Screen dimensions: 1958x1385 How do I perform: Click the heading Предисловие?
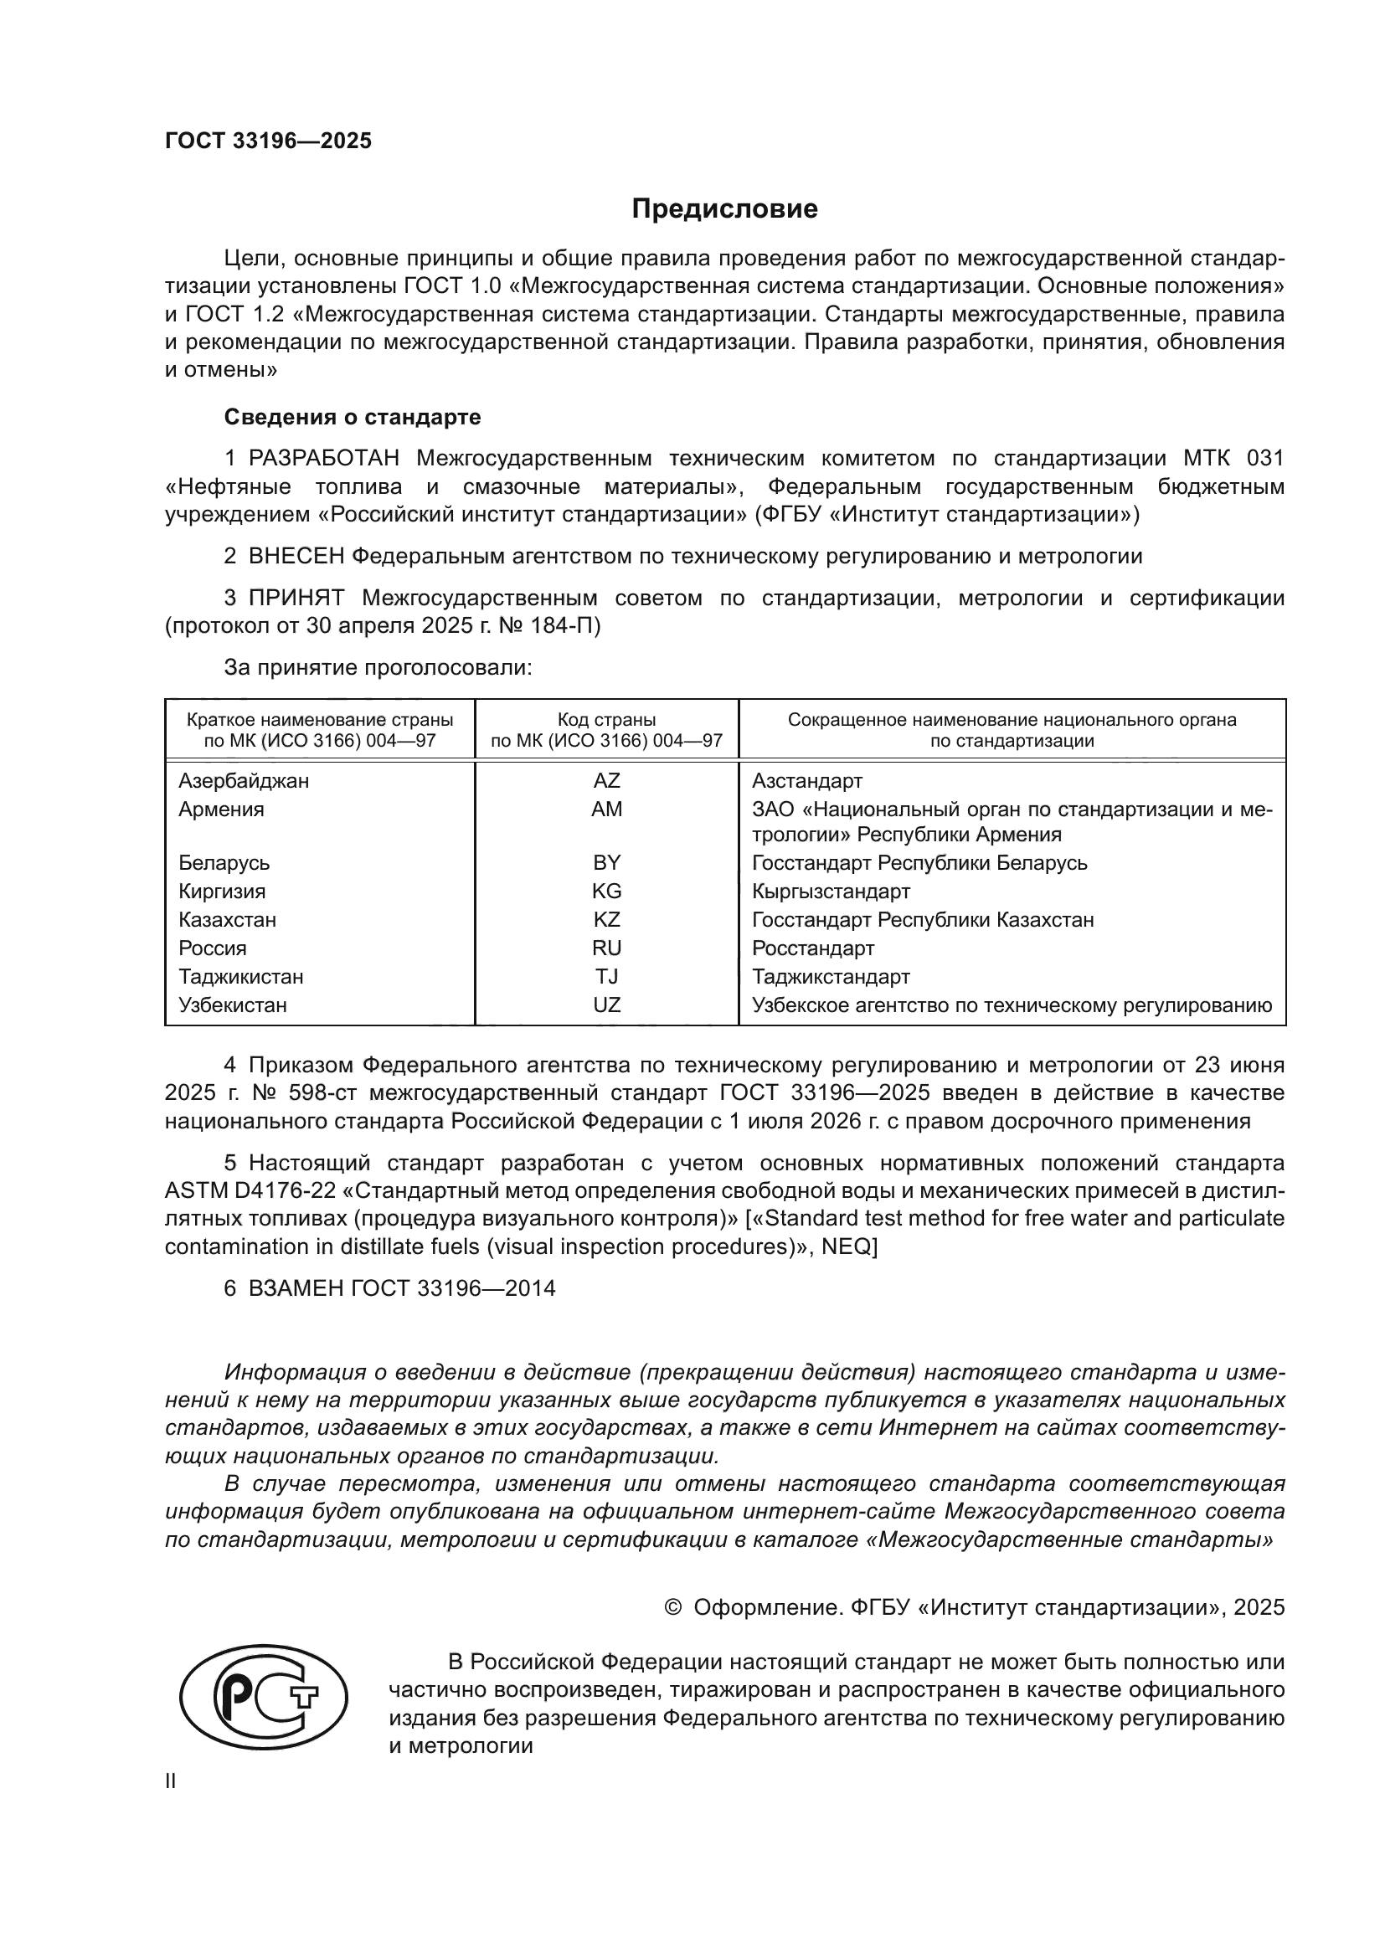724,209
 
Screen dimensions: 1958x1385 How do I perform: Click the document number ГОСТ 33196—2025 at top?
268,141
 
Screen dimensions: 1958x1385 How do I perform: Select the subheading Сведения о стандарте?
353,417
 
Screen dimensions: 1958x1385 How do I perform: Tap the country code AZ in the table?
606,780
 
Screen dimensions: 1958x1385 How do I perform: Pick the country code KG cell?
606,892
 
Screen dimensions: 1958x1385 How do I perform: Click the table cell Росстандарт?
813,948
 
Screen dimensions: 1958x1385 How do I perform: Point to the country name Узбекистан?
233,1005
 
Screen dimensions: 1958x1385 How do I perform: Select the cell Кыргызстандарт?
831,892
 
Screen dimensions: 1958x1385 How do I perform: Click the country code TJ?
606,976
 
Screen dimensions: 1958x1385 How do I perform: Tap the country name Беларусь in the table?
224,862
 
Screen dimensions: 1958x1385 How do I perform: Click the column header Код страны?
606,720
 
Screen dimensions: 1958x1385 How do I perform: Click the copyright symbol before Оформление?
673,1607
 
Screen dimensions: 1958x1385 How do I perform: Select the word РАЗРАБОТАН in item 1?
324,459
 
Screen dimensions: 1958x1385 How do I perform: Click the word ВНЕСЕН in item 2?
296,557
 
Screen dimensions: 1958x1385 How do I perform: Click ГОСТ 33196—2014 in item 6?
452,1288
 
